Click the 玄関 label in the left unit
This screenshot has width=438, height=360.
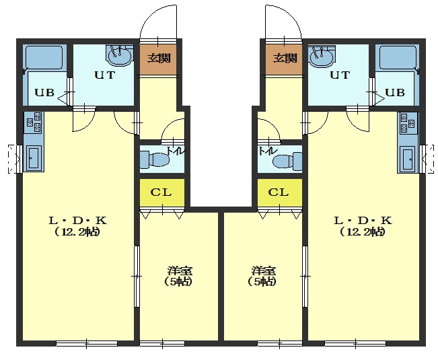pyautogui.click(x=159, y=59)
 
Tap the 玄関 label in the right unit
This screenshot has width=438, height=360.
pyautogui.click(x=285, y=59)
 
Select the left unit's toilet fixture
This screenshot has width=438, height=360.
pyautogui.click(x=155, y=159)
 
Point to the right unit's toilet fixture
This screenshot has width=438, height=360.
pyautogui.click(x=287, y=161)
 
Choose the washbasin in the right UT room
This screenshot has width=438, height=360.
pyautogui.click(x=322, y=57)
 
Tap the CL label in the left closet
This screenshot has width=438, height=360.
pyautogui.click(x=161, y=192)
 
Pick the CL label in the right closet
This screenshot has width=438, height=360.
pyautogui.click(x=279, y=192)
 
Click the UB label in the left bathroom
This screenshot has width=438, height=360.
pyautogui.click(x=44, y=92)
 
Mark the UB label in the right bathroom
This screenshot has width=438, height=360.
pyautogui.click(x=395, y=92)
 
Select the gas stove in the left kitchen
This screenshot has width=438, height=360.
pyautogui.click(x=33, y=122)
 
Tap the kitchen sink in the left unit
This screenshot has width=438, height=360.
pyautogui.click(x=34, y=158)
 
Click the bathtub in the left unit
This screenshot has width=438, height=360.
pyautogui.click(x=44, y=57)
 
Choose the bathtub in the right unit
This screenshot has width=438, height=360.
pyautogui.click(x=398, y=57)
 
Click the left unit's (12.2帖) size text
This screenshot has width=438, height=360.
pyautogui.click(x=77, y=231)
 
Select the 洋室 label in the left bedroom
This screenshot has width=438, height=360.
pyautogui.click(x=180, y=271)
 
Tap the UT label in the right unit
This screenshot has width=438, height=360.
pyautogui.click(x=340, y=75)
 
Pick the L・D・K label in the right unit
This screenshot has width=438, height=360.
pyautogui.click(x=363, y=221)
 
